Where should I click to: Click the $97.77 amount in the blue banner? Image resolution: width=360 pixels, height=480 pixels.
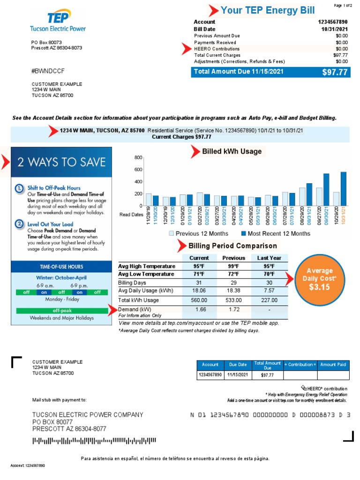(335, 72)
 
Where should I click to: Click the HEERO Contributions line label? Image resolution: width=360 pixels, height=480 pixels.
(217, 49)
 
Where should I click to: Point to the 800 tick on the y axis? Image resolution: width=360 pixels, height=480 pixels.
(138, 157)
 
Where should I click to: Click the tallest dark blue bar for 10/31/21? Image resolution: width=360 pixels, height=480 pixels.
(343, 188)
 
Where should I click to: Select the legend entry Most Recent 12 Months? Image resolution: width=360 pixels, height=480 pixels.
(279, 233)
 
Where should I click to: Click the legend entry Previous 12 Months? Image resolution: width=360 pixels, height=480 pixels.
(202, 233)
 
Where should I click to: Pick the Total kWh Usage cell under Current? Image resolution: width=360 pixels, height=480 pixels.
(199, 300)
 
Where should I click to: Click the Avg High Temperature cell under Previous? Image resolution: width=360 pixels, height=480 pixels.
(233, 266)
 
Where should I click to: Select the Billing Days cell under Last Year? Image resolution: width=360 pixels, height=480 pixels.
(269, 283)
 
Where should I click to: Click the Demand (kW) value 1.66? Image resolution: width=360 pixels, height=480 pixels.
(199, 310)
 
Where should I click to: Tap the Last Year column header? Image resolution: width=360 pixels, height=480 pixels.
(269, 258)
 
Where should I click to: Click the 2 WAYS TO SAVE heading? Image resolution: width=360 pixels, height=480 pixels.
(61, 163)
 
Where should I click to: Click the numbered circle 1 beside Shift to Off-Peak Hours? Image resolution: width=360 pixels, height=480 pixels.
(19, 188)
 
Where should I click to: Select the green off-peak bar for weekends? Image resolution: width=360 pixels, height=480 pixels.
(61, 310)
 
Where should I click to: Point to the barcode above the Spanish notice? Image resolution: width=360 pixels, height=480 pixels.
(93, 441)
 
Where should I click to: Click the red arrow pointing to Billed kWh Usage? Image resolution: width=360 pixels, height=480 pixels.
(195, 151)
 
